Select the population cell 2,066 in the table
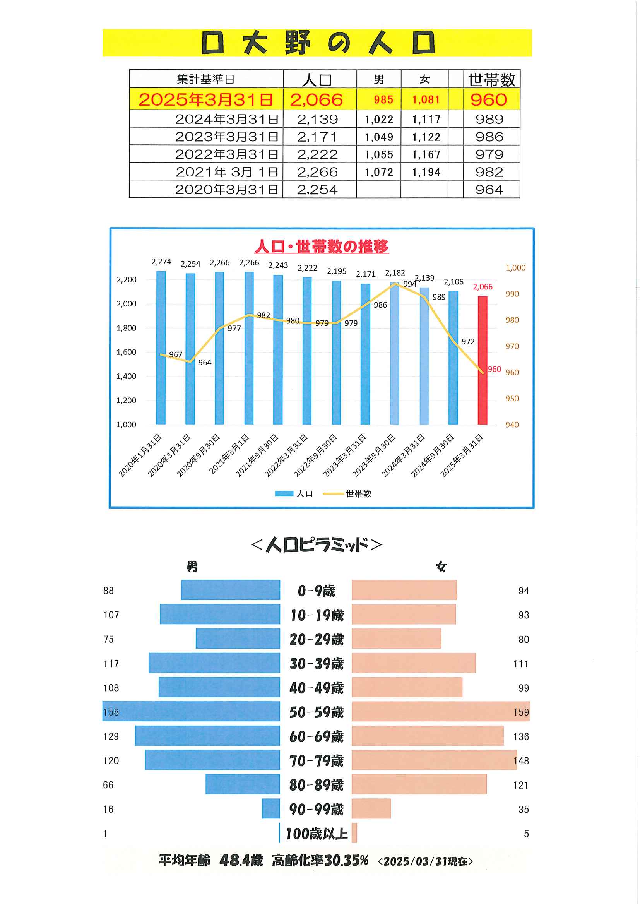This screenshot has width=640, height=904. (317, 100)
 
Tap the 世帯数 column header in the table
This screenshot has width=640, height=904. (491, 80)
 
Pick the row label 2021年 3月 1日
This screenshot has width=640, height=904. (227, 172)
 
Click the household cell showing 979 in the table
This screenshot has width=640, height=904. (489, 154)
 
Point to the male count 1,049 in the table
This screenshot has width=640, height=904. (379, 137)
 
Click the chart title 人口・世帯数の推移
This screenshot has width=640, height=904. (321, 246)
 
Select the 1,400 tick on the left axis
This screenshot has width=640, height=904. (126, 376)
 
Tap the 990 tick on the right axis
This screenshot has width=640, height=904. (512, 294)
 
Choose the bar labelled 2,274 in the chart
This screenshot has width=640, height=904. (161, 348)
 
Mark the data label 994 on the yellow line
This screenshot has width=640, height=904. (409, 284)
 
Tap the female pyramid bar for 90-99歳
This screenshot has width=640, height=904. (371, 809)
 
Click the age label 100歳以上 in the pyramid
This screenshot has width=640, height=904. (317, 834)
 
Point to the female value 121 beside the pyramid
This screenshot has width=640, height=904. (520, 785)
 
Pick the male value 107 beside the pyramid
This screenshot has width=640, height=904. (111, 615)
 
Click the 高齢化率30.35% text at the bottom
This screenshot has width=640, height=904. (320, 861)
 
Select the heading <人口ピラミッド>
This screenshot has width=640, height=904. (317, 545)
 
